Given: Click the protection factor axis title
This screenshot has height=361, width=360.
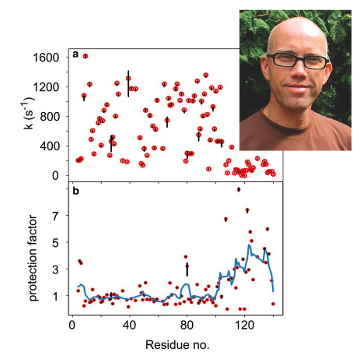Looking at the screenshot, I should click(x=34, y=258).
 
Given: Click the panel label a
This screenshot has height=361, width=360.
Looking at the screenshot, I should click(x=75, y=55).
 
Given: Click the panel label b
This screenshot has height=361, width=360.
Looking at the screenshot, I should click(x=75, y=191).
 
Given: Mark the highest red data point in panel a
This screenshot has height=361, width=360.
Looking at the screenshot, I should click(x=85, y=56).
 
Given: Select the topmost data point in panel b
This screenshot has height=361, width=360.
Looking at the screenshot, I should click(x=239, y=189).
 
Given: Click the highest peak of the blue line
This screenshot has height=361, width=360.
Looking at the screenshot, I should click(x=249, y=245).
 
